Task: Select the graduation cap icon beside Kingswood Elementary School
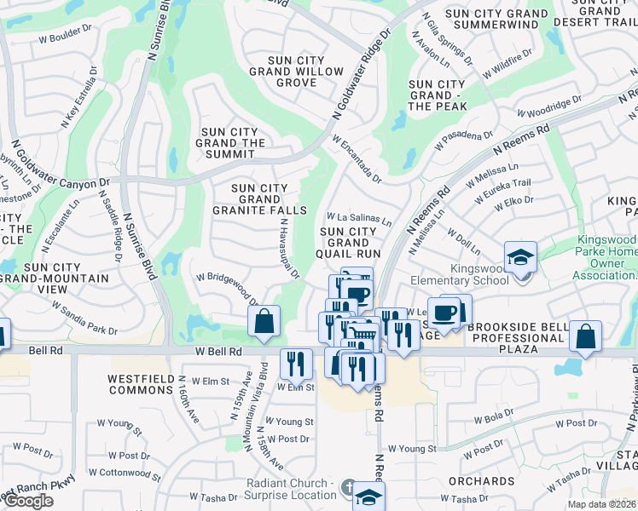pyautogui.click(x=519, y=257)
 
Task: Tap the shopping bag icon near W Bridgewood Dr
pyautogui.click(x=264, y=321)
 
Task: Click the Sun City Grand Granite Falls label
pyautogui.click(x=270, y=198)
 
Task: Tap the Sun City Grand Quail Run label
pyautogui.click(x=348, y=242)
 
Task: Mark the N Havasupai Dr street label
pyautogui.click(x=289, y=248)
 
